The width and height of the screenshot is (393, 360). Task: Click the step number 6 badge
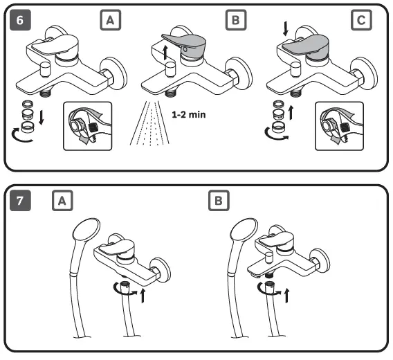(20, 20)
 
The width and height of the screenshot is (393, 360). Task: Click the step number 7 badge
(20, 201)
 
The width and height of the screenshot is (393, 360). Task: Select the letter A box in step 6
(111, 20)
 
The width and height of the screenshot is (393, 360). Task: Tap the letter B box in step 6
(236, 20)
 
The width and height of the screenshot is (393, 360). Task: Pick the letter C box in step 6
(361, 20)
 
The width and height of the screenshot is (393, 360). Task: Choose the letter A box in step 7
(62, 201)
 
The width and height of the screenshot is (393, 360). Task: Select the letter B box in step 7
(219, 201)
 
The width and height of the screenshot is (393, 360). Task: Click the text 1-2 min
(189, 115)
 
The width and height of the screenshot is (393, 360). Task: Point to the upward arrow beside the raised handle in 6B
(165, 53)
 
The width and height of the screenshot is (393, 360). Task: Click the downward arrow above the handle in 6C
(285, 28)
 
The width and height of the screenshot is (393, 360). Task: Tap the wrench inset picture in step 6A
(87, 126)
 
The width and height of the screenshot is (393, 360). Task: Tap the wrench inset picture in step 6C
(339, 126)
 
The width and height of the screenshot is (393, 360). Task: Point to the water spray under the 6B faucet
(149, 123)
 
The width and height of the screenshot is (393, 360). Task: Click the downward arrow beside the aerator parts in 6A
(42, 118)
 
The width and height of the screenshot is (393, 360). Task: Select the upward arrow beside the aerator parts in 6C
(291, 113)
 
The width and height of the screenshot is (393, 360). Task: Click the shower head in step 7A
(86, 231)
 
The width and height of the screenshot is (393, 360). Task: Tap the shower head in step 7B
(244, 231)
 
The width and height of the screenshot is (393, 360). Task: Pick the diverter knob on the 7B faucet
(269, 258)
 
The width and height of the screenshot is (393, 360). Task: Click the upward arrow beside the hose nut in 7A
(143, 296)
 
